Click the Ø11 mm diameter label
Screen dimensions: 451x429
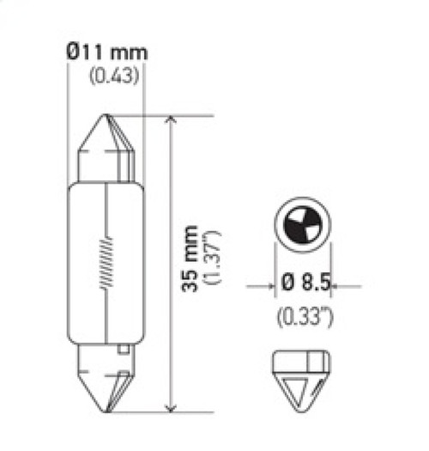106,52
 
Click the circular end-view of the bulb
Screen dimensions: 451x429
301,227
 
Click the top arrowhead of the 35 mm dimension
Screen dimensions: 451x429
172,122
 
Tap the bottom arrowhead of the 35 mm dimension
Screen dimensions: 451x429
172,405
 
